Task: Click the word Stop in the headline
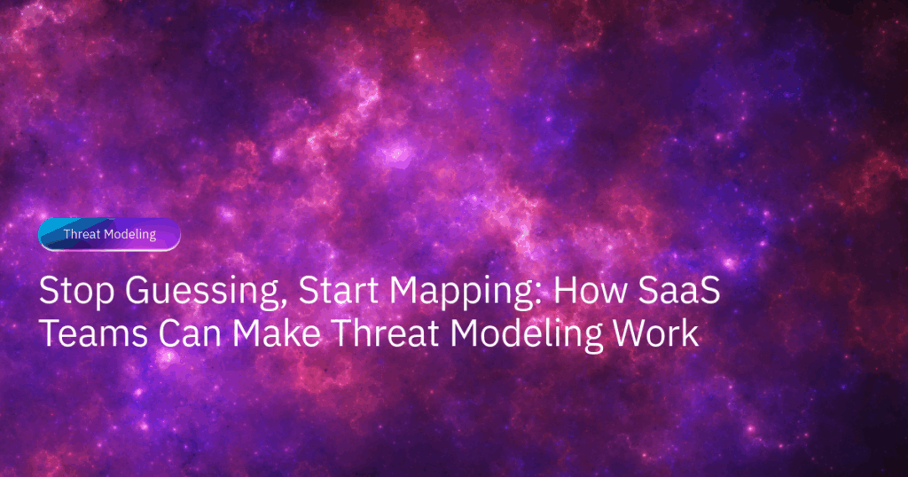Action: (76, 291)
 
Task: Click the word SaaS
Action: (679, 291)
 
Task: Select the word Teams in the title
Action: (93, 333)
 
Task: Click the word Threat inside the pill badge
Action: (81, 234)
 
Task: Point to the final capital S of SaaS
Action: (708, 291)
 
